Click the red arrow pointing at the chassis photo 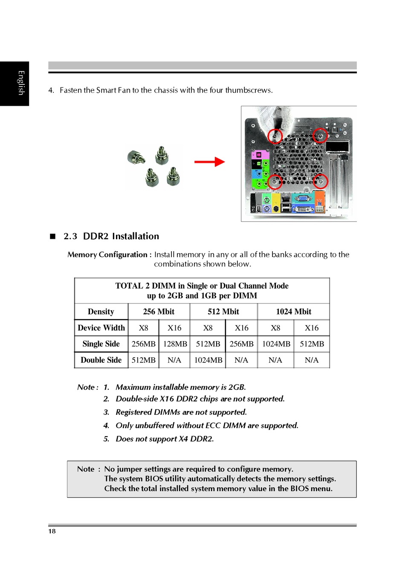[209, 162]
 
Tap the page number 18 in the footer [52, 531]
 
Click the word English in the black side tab [21, 83]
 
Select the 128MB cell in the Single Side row [175, 344]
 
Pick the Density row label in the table [101, 312]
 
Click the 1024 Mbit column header [293, 312]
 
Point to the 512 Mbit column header [223, 312]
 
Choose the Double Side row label [101, 360]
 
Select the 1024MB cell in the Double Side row [208, 360]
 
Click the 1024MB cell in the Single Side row [276, 344]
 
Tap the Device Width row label [101, 328]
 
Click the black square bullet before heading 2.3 [53, 236]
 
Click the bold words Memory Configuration [107, 255]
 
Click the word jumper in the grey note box [130, 469]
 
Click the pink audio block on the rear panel [260, 155]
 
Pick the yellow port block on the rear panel [276, 203]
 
